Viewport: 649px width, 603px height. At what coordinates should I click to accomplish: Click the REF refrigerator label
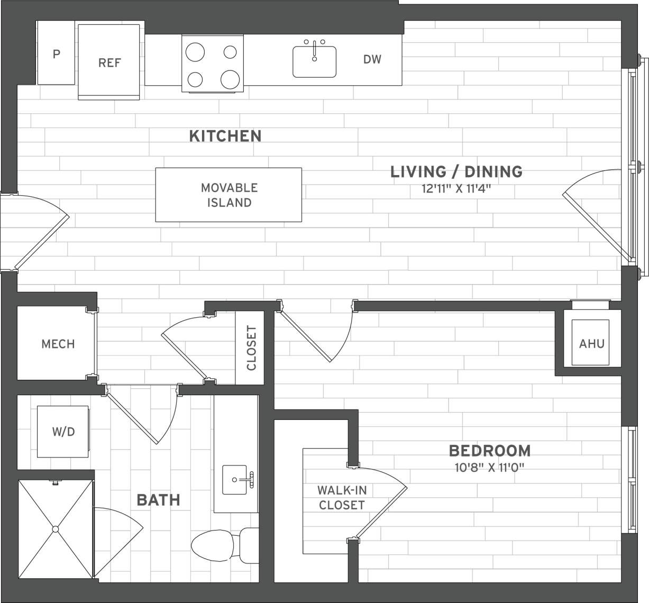tap(109, 62)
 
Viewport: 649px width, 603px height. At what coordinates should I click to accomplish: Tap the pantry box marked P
tap(56, 53)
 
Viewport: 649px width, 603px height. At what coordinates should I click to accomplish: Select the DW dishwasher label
tap(372, 59)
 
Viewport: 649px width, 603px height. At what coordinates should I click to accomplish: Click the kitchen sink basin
tap(314, 62)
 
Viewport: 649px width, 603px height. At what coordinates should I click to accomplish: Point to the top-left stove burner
tap(195, 52)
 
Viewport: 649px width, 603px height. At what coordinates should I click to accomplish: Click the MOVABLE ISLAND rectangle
tap(228, 195)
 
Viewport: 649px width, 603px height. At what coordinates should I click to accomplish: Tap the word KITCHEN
tap(225, 136)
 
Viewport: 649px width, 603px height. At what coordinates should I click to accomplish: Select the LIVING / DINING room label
tap(456, 171)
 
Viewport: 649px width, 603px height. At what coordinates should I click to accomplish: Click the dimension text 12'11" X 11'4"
tap(456, 188)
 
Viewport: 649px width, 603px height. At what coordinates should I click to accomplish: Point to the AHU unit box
tap(591, 343)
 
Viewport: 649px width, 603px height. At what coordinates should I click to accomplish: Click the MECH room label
tap(58, 344)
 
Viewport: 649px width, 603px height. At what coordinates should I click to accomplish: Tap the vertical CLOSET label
tap(251, 348)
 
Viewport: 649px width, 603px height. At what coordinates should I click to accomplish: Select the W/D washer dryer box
tap(63, 432)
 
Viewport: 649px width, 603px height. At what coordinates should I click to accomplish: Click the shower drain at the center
tap(55, 529)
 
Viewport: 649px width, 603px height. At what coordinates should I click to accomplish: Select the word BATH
tap(158, 500)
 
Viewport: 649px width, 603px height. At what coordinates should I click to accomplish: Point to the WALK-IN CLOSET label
tap(341, 497)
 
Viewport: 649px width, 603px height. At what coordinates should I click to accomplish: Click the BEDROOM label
tap(489, 451)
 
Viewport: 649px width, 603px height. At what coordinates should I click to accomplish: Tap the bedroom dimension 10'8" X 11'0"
tap(489, 467)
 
